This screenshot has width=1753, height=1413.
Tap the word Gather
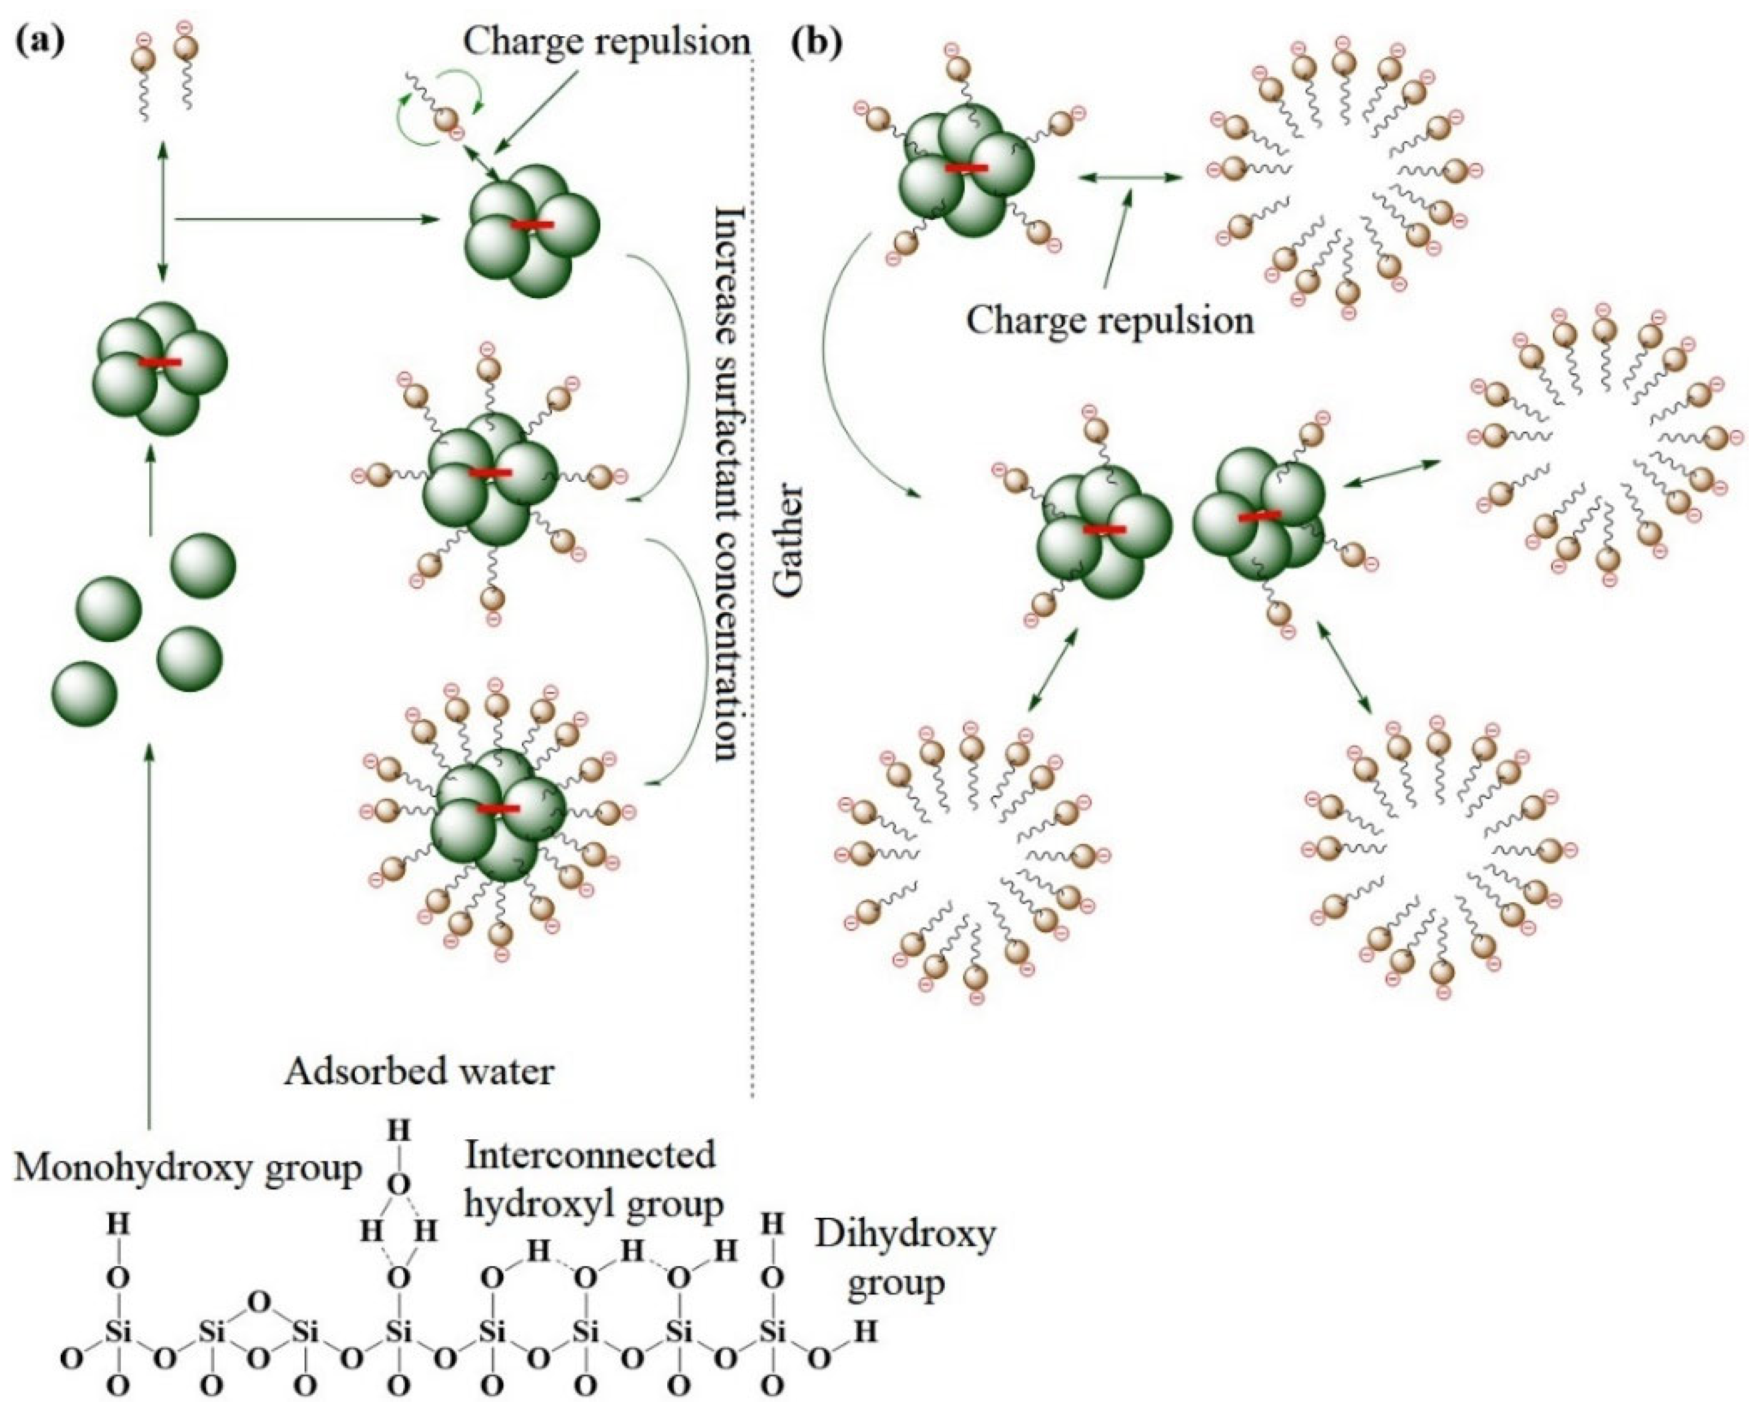(787, 542)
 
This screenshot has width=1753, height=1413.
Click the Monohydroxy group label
(188, 1168)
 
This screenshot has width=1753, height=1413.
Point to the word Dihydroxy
(905, 1236)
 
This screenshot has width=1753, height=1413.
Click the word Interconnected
(590, 1155)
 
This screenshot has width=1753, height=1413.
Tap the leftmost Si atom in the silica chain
(118, 1333)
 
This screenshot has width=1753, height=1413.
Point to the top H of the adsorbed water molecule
(398, 1131)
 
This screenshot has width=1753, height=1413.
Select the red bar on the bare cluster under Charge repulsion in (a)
(533, 225)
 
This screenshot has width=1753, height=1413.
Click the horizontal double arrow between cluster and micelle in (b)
(1129, 176)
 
